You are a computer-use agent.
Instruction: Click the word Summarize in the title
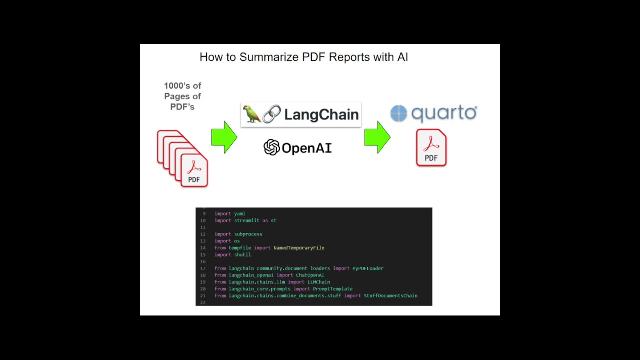point(269,57)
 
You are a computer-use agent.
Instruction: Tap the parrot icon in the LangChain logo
point(251,114)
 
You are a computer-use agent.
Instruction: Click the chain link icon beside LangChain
point(271,114)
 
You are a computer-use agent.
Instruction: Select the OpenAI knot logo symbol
point(271,147)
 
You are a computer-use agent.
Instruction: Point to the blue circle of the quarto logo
point(399,113)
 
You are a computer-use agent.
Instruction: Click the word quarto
point(444,113)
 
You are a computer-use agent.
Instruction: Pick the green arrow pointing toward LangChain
point(224,137)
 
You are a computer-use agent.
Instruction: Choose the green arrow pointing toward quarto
point(377,137)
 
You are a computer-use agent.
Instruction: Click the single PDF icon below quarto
point(431,147)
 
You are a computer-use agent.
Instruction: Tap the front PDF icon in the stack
point(194,170)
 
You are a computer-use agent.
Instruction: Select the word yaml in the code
point(239,214)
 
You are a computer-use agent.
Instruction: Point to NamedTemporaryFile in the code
point(299,248)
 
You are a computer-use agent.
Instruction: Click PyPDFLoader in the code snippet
point(368,268)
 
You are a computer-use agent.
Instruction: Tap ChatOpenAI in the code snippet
point(310,275)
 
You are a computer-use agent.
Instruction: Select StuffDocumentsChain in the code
point(390,296)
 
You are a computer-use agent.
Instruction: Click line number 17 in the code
point(203,268)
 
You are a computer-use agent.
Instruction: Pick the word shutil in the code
point(242,255)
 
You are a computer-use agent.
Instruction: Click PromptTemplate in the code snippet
point(332,289)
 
